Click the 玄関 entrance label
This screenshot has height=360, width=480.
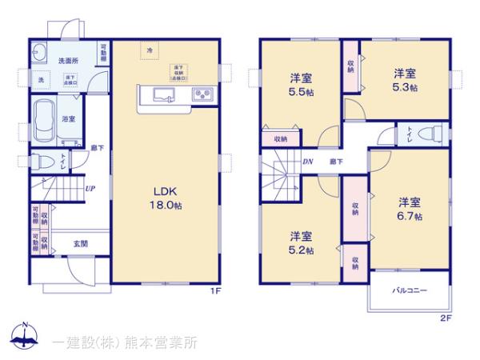click(80, 243)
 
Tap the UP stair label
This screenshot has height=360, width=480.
click(91, 190)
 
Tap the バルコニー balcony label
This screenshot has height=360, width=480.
click(409, 292)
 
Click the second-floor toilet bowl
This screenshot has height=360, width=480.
click(430, 134)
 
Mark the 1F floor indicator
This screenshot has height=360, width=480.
click(214, 290)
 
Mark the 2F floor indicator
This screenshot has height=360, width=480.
click(446, 318)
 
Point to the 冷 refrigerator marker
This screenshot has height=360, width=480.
click(150, 51)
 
